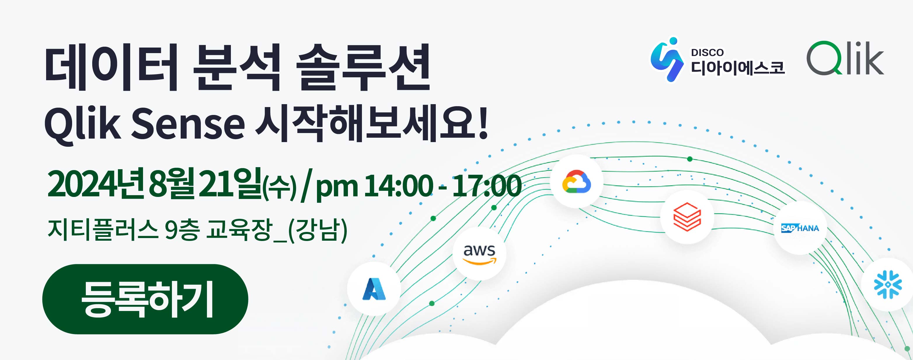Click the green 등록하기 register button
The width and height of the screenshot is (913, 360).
[x=145, y=299]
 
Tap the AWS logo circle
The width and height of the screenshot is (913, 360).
[x=479, y=254]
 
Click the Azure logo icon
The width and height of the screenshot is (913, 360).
[x=374, y=289]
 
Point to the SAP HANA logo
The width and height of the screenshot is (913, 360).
[x=800, y=228]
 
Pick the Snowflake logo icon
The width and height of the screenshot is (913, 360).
[x=888, y=284]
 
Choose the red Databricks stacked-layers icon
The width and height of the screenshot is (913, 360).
[x=687, y=217]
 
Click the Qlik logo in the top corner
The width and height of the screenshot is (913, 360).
[x=845, y=58]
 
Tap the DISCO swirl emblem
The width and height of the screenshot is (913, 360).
[x=667, y=60]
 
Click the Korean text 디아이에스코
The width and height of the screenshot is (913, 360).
[x=738, y=68]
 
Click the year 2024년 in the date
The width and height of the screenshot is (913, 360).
[x=96, y=184]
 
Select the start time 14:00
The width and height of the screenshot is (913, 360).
[x=398, y=185]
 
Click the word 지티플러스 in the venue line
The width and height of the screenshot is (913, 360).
[x=103, y=229]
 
